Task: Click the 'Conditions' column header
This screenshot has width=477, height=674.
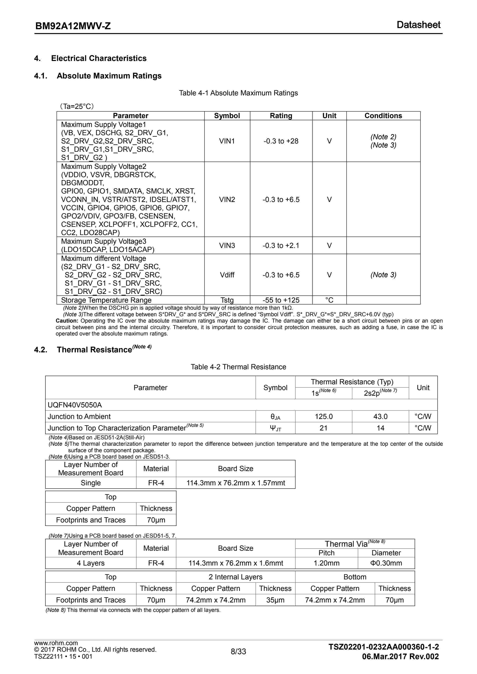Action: [x=383, y=116]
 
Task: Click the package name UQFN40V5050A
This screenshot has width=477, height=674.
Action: [x=75, y=405]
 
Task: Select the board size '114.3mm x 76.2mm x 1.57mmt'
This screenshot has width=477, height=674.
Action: [x=236, y=483]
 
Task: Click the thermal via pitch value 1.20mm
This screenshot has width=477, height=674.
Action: [x=326, y=563]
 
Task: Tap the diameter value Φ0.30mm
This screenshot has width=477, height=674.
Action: [x=386, y=563]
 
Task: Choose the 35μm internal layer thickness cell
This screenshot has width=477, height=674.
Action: [x=275, y=600]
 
